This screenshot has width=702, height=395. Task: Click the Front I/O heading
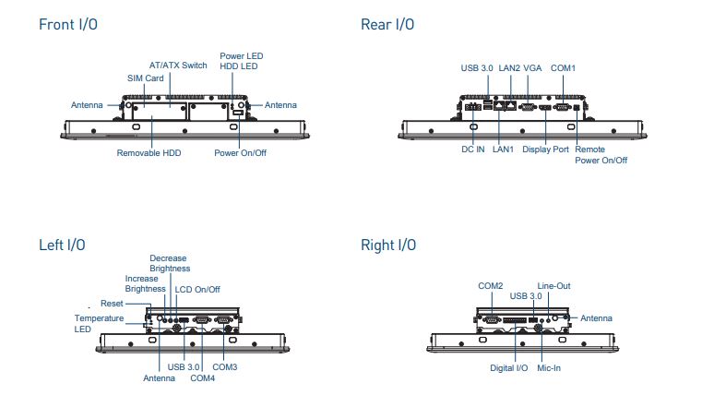point(68,24)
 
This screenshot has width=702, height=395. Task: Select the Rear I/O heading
point(387,24)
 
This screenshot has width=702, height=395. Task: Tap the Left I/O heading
point(62,245)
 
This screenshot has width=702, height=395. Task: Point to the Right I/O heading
point(388,245)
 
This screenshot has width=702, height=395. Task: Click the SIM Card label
point(146,78)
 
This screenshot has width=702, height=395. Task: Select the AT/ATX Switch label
point(178,66)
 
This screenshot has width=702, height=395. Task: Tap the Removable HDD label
point(149,153)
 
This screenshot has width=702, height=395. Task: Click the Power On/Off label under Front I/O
point(241,153)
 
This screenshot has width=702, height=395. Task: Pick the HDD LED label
point(239,66)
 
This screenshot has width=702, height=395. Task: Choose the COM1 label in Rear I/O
point(564,68)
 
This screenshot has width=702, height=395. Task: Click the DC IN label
point(473,150)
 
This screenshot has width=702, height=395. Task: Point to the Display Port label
point(546,150)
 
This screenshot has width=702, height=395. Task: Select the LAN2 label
point(509,68)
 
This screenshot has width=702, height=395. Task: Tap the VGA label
point(533,68)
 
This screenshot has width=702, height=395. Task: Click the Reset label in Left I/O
point(112,304)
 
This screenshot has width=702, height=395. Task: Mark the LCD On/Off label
point(197,290)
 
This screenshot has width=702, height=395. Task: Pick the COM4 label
point(202,378)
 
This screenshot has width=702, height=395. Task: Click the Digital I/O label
point(509,368)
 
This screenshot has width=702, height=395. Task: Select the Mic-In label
point(549,368)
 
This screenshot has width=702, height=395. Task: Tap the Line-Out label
point(553,286)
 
